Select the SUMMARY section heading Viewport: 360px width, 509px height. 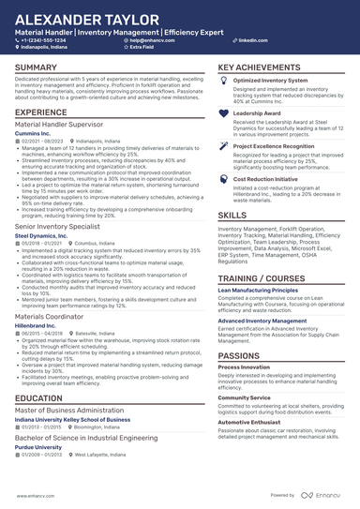(37, 68)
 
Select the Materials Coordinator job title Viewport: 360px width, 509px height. (52, 317)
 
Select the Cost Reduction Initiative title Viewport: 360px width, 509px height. (266, 177)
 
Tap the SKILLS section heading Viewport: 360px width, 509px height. (232, 215)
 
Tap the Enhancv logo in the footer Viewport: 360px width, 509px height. (324, 496)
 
